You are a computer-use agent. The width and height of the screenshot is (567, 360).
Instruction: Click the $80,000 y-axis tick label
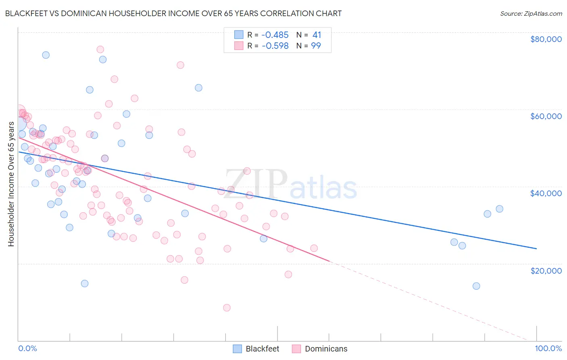[546, 39]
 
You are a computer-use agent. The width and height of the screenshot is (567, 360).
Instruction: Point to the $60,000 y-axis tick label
[546, 116]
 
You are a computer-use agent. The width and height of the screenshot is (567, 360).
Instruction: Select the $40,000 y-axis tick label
[546, 193]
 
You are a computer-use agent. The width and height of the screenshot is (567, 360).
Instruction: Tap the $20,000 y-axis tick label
[546, 270]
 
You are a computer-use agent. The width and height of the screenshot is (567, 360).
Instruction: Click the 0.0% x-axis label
[27, 349]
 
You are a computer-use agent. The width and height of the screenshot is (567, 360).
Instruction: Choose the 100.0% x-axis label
[548, 349]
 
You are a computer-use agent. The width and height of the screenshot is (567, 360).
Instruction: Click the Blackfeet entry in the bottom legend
[262, 349]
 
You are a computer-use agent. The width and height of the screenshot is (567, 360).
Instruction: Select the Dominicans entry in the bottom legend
[326, 349]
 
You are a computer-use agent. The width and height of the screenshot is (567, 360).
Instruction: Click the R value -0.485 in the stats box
[275, 35]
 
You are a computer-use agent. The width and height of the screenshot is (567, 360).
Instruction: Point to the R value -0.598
[275, 46]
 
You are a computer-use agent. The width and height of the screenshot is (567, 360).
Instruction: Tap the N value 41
[317, 35]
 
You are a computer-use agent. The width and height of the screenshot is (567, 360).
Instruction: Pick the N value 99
[316, 46]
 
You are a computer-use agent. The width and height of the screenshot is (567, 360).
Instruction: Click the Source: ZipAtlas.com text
[531, 13]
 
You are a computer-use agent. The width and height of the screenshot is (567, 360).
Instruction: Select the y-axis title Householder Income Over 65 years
[11, 184]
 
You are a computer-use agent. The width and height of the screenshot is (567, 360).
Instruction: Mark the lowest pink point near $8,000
[227, 308]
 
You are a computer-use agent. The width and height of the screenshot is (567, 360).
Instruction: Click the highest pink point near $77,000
[100, 49]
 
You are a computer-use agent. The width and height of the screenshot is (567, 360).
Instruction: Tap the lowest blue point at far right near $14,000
[476, 286]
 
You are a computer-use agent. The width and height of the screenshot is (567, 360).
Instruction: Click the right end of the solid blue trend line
[536, 249]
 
